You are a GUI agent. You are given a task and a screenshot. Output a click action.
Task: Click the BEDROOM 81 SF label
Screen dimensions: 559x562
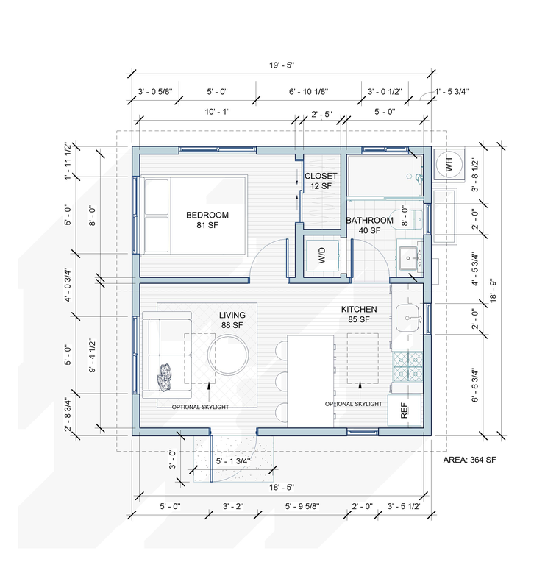(x=207, y=220)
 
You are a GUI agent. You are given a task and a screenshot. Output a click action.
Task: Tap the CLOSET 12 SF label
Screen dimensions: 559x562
(x=321, y=181)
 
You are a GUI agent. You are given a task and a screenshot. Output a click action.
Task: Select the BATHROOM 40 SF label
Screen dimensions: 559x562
(x=369, y=225)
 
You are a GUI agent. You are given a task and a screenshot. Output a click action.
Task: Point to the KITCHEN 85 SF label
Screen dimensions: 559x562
(x=359, y=314)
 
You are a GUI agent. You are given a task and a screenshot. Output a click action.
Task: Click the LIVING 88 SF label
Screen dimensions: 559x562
(x=232, y=320)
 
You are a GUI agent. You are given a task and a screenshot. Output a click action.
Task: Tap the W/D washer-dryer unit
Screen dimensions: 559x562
(x=321, y=255)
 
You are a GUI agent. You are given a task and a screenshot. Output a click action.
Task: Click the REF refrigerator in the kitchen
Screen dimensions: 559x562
(x=405, y=410)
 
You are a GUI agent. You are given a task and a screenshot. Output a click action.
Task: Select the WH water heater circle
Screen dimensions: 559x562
(x=449, y=165)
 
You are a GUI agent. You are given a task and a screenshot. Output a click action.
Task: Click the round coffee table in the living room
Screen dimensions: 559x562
(x=228, y=355)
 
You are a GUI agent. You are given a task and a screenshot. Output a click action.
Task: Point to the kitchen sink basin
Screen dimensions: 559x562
(x=407, y=318)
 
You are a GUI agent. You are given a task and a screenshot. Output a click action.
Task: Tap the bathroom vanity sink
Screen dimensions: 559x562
(x=408, y=258)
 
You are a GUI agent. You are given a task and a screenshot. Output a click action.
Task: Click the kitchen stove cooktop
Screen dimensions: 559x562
(x=407, y=366)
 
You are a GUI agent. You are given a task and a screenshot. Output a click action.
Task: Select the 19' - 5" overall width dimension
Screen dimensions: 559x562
(x=282, y=65)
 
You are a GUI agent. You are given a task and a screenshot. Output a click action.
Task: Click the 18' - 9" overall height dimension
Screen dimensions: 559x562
(x=494, y=291)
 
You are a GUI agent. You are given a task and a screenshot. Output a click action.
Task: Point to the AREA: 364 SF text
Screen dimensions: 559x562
(x=469, y=460)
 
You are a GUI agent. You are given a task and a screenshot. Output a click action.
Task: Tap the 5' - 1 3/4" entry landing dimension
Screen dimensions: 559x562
(x=233, y=461)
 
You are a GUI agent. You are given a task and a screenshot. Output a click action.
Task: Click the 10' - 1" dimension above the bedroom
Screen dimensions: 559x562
(x=217, y=112)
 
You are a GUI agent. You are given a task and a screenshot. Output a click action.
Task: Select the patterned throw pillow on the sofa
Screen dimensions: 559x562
(x=165, y=377)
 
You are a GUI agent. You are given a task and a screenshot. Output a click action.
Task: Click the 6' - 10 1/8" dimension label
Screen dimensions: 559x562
(x=308, y=92)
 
